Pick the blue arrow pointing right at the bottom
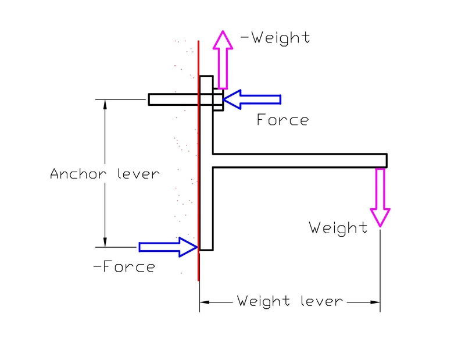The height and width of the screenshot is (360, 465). (x=169, y=247)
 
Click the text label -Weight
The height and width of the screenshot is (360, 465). (x=276, y=38)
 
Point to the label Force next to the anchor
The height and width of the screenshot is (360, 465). (x=282, y=120)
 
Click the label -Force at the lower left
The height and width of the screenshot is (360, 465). (x=124, y=267)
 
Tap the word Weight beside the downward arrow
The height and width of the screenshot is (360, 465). (x=338, y=227)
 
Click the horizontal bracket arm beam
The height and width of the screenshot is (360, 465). (x=299, y=161)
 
